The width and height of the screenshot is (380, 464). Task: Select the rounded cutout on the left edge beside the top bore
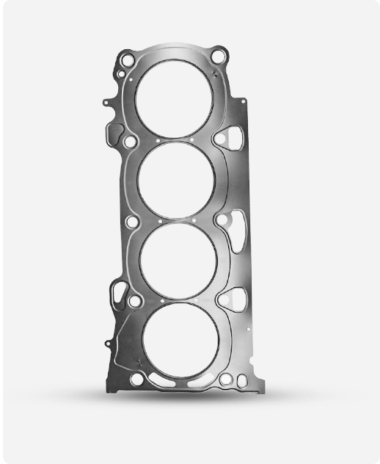(115, 133)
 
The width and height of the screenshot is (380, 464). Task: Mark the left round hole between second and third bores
(132, 221)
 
